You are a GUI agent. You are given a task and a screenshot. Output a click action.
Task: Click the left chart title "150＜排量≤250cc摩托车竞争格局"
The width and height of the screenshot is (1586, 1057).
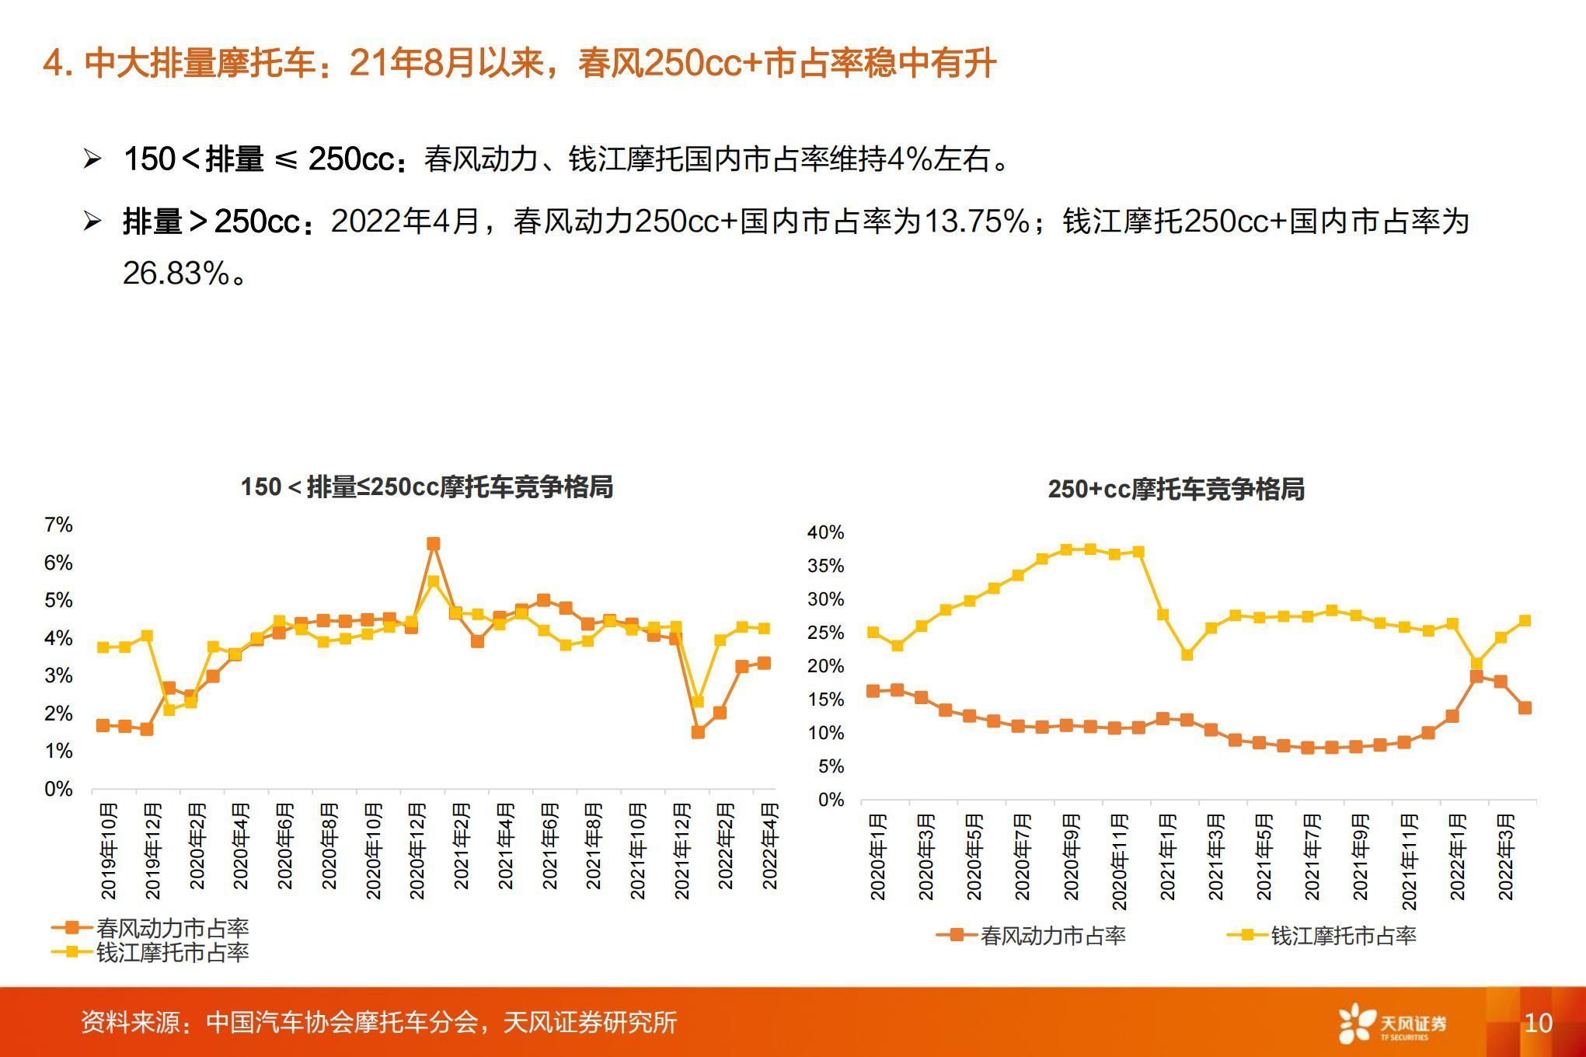pos(427,487)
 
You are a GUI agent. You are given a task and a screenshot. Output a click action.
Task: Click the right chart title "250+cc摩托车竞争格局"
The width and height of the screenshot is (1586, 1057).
pos(1176,490)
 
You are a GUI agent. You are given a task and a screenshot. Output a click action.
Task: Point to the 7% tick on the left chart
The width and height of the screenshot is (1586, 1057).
pos(58,525)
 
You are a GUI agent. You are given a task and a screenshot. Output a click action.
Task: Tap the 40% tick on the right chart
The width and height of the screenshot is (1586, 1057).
pos(825,532)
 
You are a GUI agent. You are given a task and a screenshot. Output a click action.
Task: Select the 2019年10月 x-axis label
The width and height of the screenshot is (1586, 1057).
pos(109,851)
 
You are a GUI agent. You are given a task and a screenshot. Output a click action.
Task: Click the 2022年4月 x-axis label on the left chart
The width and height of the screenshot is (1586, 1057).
pos(769,851)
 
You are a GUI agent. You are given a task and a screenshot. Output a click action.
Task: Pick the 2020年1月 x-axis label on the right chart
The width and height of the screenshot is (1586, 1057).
pos(877,856)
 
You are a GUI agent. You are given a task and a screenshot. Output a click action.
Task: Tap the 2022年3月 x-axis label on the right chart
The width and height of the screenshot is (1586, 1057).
pos(1505,856)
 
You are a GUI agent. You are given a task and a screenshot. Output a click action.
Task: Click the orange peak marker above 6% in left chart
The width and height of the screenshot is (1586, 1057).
pos(434,544)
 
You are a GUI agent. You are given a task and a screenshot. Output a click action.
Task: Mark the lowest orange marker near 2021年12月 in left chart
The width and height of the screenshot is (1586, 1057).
pos(697,732)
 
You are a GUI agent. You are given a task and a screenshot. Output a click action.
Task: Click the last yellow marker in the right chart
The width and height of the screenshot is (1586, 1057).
pos(1525,621)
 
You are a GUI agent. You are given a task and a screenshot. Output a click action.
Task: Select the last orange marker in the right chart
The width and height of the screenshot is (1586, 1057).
pos(1525,708)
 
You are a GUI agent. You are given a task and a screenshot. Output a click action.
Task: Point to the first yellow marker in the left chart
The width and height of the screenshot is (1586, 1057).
pos(103,647)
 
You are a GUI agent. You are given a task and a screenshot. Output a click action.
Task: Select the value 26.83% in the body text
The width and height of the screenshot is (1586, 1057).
pos(176,274)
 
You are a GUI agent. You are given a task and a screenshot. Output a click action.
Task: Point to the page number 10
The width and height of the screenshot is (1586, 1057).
pos(1538,1023)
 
